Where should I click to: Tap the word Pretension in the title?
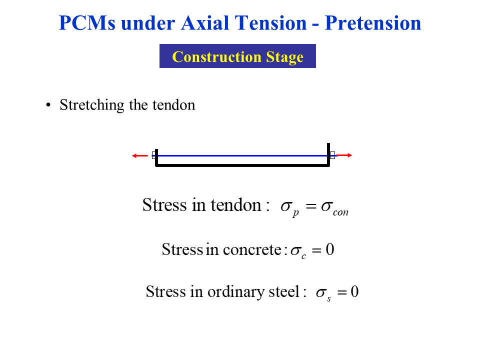pyautogui.click(x=373, y=23)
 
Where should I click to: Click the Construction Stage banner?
pyautogui.click(x=237, y=56)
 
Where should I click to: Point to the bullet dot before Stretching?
pyautogui.click(x=48, y=105)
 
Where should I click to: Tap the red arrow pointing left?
pyautogui.click(x=140, y=155)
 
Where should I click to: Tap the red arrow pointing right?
pyautogui.click(x=345, y=155)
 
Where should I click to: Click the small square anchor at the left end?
pyautogui.click(x=154, y=155)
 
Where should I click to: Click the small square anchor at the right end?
pyautogui.click(x=332, y=155)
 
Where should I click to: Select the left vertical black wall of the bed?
pyautogui.click(x=157, y=157)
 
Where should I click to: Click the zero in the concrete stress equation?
pyautogui.click(x=329, y=249)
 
